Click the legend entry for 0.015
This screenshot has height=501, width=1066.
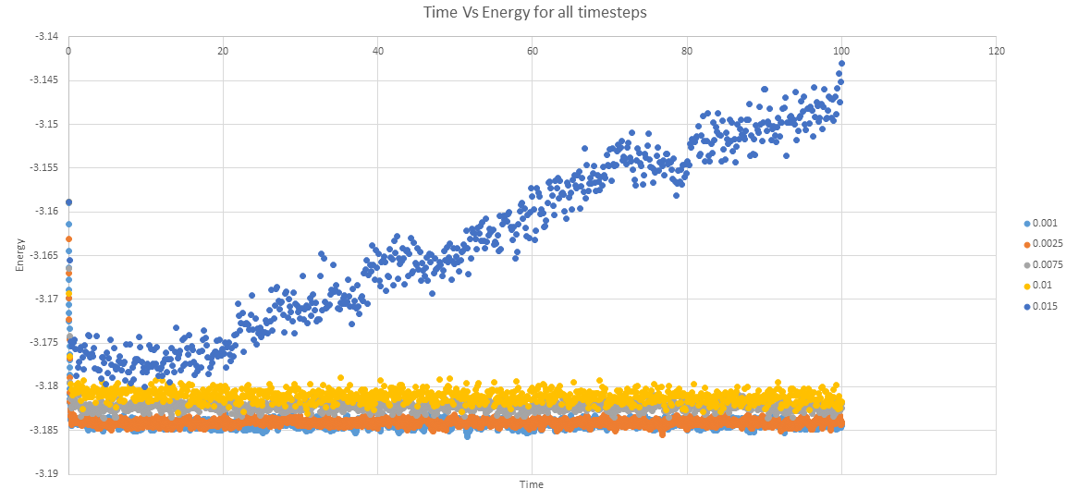click(1041, 306)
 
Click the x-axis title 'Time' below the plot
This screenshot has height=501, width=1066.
click(532, 484)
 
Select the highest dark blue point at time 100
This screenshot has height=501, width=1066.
click(841, 64)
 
